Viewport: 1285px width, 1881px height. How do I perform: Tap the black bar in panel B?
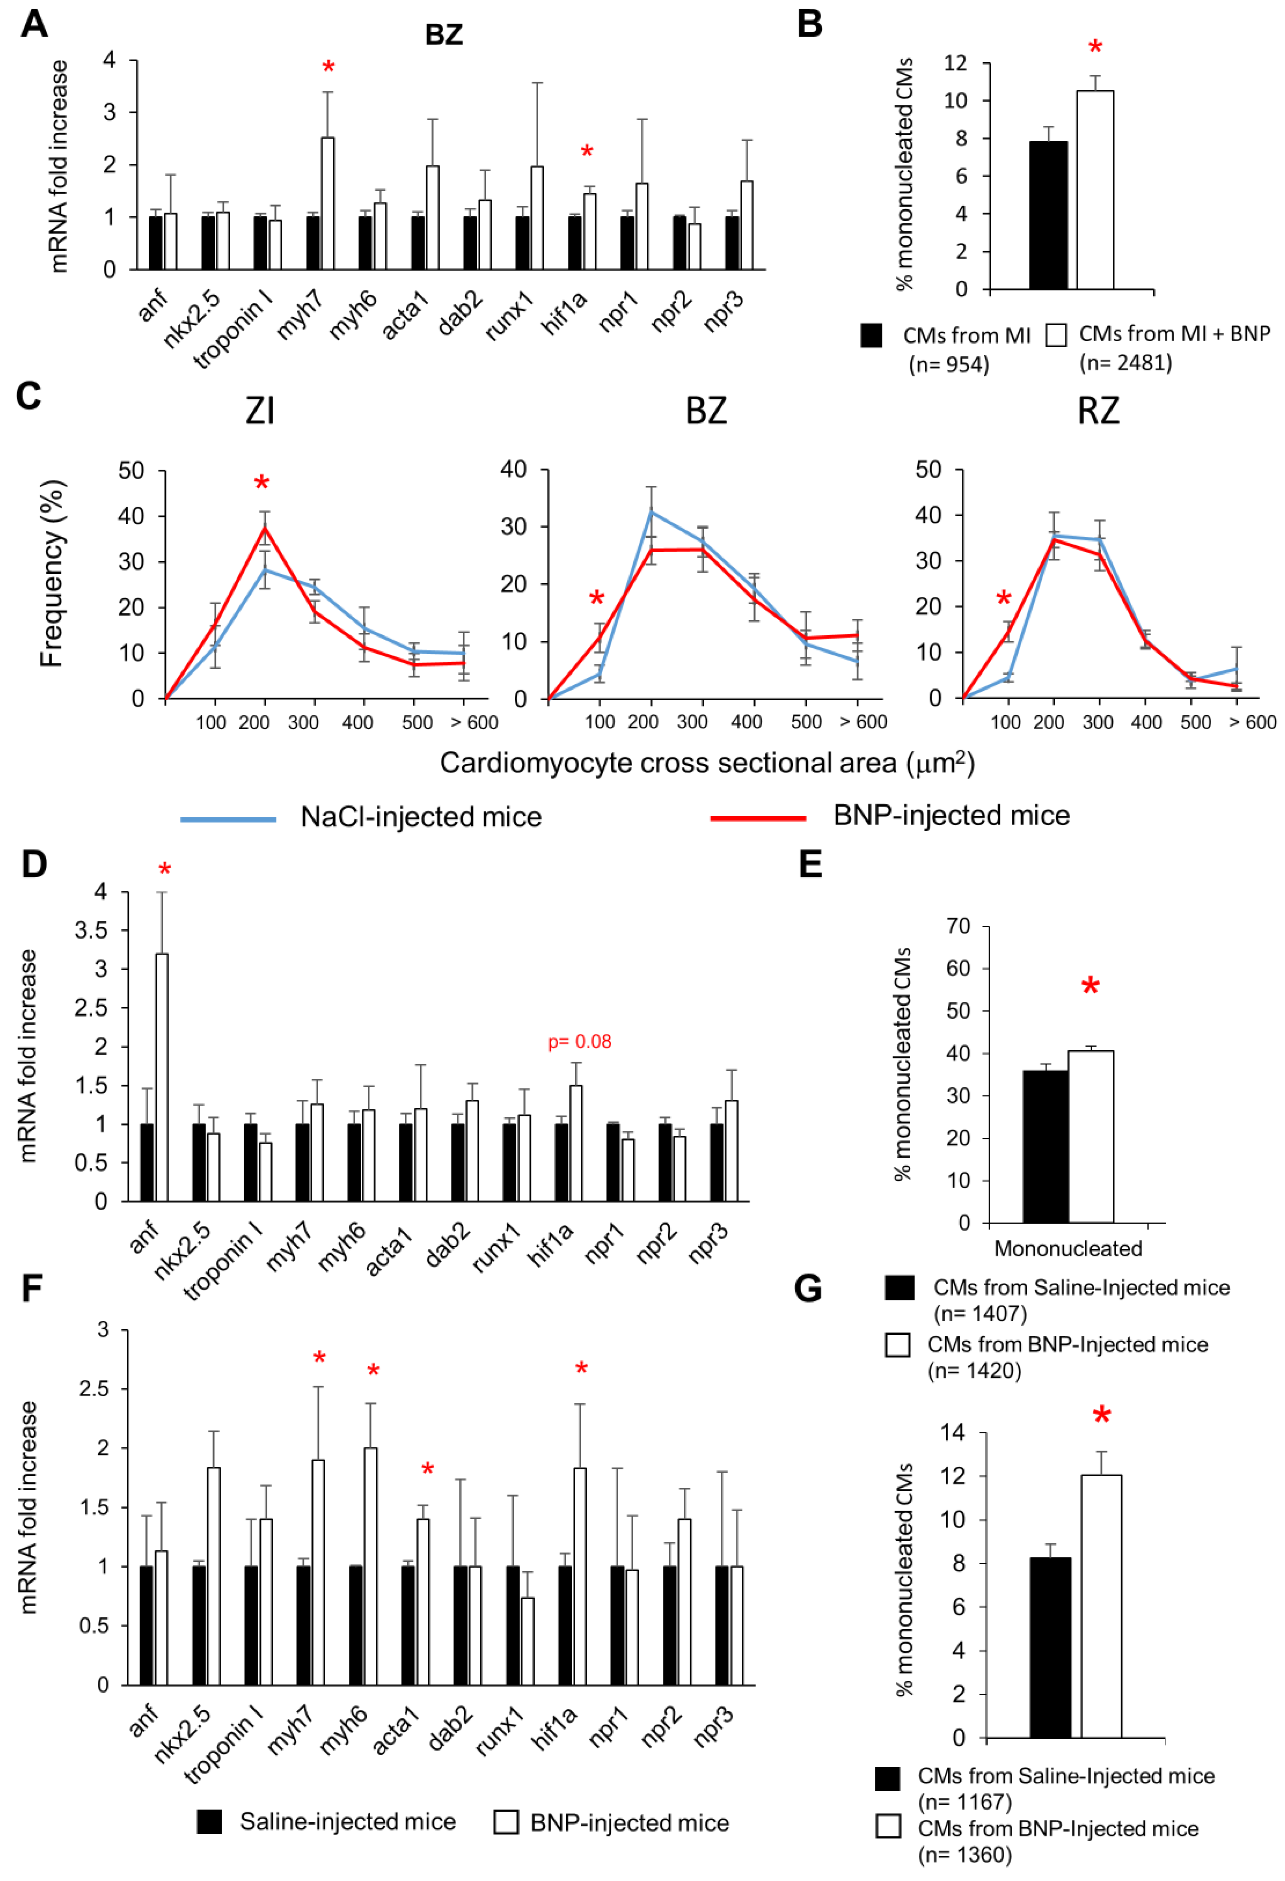[x=1048, y=215]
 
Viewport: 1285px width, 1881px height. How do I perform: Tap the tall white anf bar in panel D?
[x=162, y=1077]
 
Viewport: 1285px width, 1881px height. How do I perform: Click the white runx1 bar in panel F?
[x=527, y=1641]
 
